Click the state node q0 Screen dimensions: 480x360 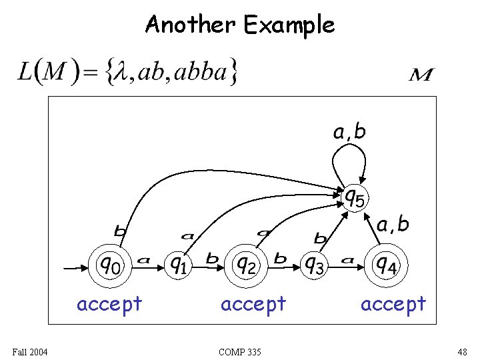point(109,265)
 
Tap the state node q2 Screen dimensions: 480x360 point(246,265)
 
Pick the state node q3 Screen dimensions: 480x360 point(314,265)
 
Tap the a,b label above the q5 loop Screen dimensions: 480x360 point(349,132)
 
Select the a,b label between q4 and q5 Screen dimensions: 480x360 point(393,225)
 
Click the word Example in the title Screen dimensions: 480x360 point(289,25)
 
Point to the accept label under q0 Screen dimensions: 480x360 point(109,304)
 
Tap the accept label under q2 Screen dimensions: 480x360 point(253,304)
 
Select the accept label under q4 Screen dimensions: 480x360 point(393,304)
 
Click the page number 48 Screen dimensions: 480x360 point(463,351)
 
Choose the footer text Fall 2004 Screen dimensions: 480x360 point(29,351)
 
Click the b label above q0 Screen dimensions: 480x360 point(120,231)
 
